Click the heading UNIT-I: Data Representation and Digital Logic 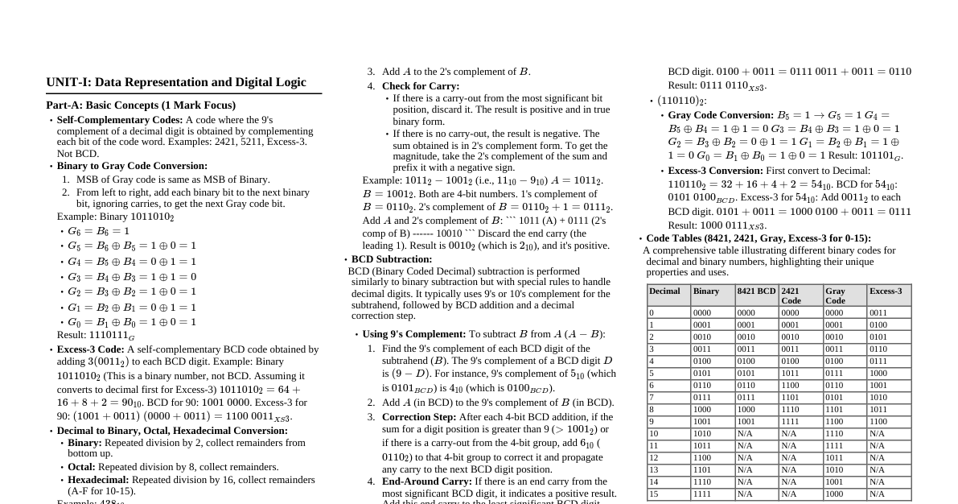coord(176,82)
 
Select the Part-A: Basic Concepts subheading coord(141,105)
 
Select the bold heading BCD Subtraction coord(392,259)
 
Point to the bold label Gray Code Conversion coord(721,115)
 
